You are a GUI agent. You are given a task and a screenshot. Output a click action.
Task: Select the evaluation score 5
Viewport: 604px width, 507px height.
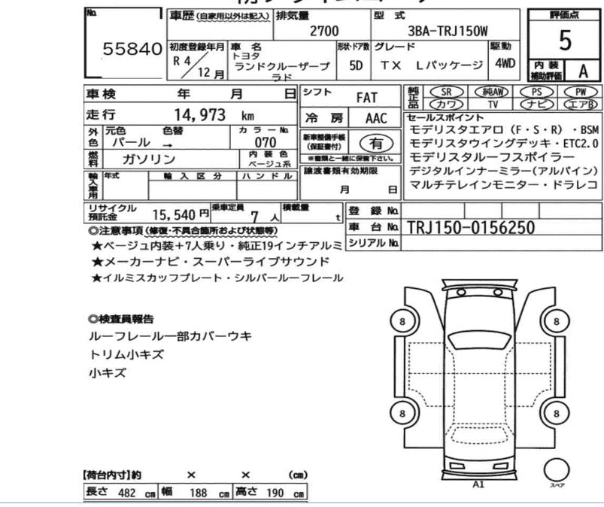pyautogui.click(x=566, y=41)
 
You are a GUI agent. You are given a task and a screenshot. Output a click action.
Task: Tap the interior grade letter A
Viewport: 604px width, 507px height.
pyautogui.click(x=581, y=71)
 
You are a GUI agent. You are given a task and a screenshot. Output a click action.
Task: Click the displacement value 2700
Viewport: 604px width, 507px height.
pyautogui.click(x=323, y=31)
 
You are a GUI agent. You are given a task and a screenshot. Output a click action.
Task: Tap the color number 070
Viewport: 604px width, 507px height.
pyautogui.click(x=266, y=143)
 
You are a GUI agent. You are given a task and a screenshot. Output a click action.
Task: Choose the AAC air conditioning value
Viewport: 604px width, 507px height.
pyautogui.click(x=376, y=119)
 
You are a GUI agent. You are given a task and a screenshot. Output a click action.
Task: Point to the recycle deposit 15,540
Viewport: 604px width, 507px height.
pyautogui.click(x=176, y=214)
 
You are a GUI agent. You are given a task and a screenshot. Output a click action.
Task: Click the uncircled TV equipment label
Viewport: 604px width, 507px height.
pyautogui.click(x=493, y=104)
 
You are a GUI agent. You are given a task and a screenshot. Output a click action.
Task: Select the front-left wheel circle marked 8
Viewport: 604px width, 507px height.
pyautogui.click(x=403, y=322)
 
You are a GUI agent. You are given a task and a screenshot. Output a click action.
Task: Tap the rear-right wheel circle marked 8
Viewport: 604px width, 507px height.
pyautogui.click(x=557, y=413)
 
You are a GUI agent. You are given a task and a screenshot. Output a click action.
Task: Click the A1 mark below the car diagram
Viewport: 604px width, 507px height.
pyautogui.click(x=478, y=484)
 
